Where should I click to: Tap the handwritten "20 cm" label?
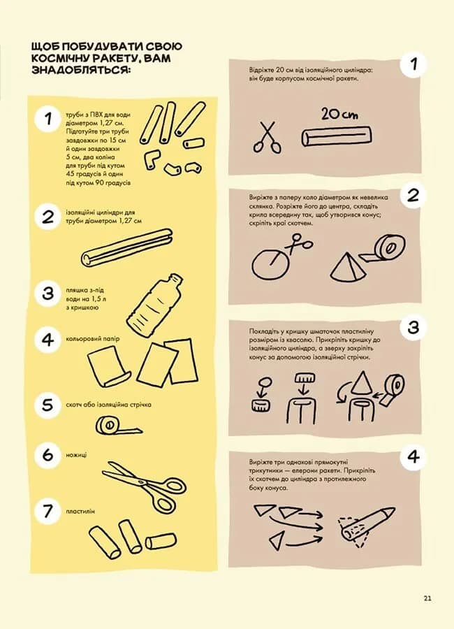click(x=339, y=115)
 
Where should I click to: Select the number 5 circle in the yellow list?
click(x=47, y=405)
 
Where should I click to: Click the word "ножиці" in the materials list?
click(x=76, y=455)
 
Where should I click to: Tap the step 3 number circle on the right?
click(x=413, y=328)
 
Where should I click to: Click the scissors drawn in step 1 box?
click(x=267, y=137)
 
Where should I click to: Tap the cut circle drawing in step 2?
click(x=271, y=263)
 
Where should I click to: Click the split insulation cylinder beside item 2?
click(x=126, y=248)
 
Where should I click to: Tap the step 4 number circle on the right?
click(x=413, y=457)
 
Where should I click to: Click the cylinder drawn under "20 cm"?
click(x=337, y=136)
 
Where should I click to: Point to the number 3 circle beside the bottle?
click(x=47, y=294)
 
